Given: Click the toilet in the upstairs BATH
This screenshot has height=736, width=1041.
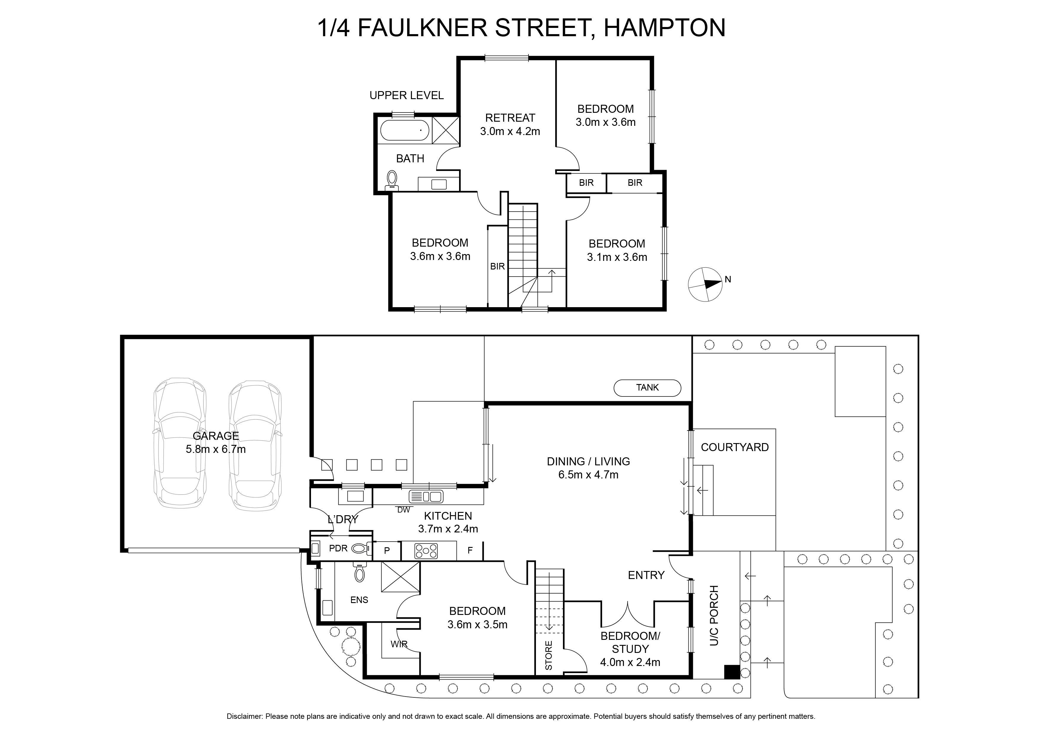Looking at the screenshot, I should (x=392, y=180).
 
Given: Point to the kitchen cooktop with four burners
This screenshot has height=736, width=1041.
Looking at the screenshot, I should (x=426, y=551).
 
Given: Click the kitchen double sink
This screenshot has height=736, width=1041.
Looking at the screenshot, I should (x=426, y=496).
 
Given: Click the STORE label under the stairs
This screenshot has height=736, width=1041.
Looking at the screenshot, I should (x=549, y=655).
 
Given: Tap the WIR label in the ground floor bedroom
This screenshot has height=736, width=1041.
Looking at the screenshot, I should (x=399, y=644).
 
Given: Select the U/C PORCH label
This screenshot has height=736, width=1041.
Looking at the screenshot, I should (x=714, y=616).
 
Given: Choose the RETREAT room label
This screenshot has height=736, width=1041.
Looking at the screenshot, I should (x=510, y=118).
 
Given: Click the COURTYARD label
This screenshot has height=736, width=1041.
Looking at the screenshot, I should (x=734, y=448).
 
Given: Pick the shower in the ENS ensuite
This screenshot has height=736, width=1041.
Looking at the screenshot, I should (x=400, y=577).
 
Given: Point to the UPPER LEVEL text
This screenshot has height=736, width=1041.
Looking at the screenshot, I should (x=406, y=95).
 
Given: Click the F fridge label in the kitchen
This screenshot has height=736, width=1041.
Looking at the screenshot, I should (x=470, y=551).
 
